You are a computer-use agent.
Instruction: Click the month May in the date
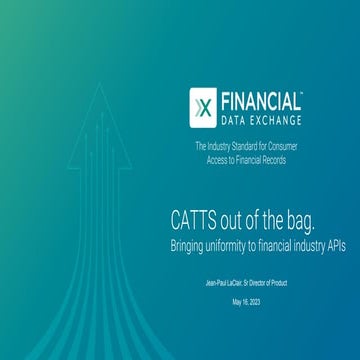[237, 301]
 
